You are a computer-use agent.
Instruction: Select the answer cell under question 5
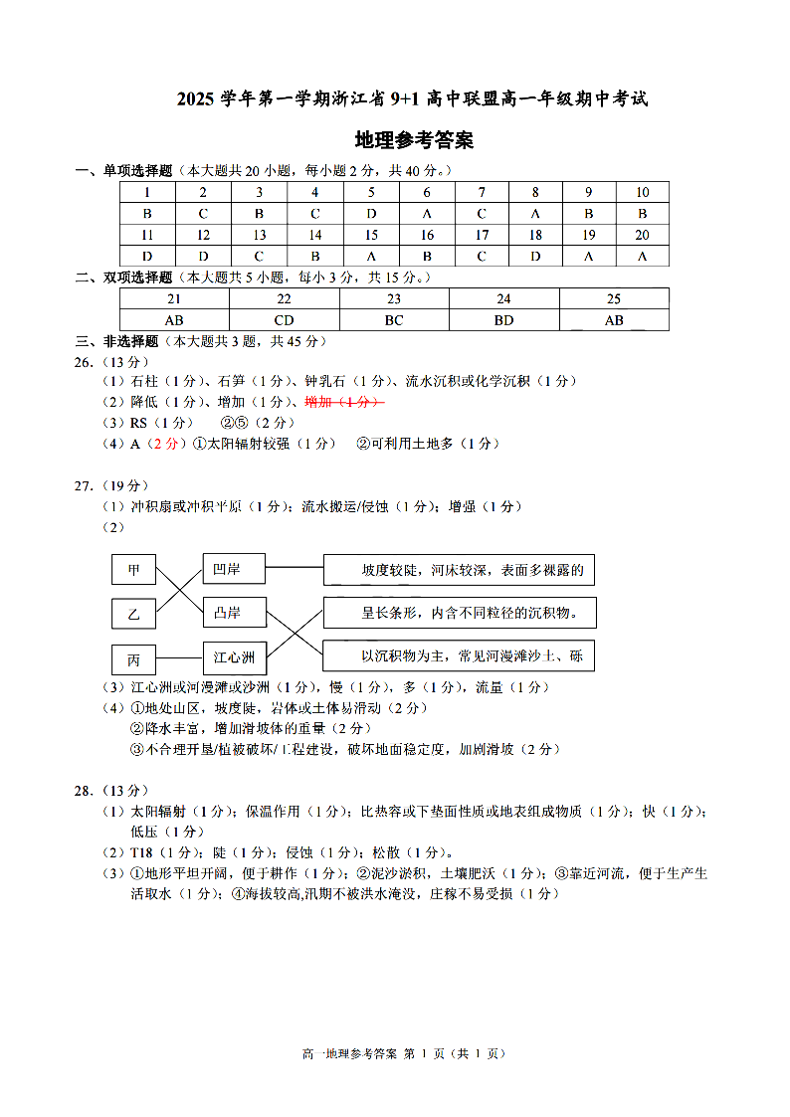[x=371, y=214]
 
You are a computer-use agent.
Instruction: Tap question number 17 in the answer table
[x=482, y=236]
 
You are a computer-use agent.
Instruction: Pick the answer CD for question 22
[x=284, y=320]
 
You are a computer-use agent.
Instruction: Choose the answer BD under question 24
[x=503, y=320]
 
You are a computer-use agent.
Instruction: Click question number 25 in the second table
[x=614, y=298]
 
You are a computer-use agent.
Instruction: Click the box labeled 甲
[x=133, y=570]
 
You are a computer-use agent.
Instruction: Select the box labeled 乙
[x=133, y=614]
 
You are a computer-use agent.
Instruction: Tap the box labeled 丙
[x=133, y=658]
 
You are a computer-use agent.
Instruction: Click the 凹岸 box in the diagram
[x=234, y=569]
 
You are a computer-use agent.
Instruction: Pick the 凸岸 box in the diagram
[x=234, y=613]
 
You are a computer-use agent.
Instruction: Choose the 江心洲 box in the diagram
[x=234, y=656]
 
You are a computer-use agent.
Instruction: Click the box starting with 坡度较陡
[x=459, y=570]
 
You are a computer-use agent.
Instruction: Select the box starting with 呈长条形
[x=459, y=613]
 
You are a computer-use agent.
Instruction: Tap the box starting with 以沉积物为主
[x=459, y=656]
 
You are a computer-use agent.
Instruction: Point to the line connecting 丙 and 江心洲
[x=179, y=657]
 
